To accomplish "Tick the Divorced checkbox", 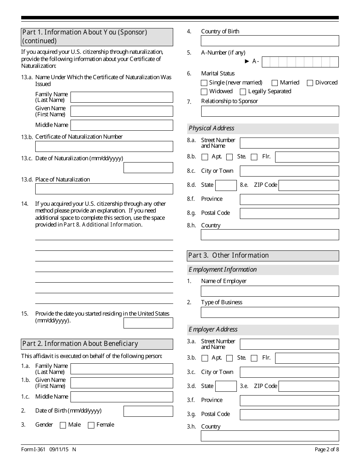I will pyautogui.click(x=310, y=83).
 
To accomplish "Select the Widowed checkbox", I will pyautogui.click(x=204, y=92).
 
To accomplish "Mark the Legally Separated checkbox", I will pyautogui.click(x=243, y=92).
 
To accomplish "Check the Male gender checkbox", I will pyautogui.click(x=63, y=425).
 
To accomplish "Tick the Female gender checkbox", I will pyautogui.click(x=91, y=425).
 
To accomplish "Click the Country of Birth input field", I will pyautogui.click(x=270, y=41).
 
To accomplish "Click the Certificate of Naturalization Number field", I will pyautogui.click(x=104, y=147).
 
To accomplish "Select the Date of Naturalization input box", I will pyautogui.click(x=148, y=168).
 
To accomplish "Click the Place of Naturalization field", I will pyautogui.click(x=104, y=189).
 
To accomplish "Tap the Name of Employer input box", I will pyautogui.click(x=270, y=291).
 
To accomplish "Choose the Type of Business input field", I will pyautogui.click(x=270, y=312).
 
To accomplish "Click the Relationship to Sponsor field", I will pyautogui.click(x=270, y=111).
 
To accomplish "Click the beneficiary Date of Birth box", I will pyautogui.click(x=148, y=411).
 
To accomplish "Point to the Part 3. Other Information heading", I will pyautogui.click(x=229, y=255).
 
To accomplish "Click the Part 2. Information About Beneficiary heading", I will pyautogui.click(x=80, y=344).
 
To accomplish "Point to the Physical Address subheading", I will pyautogui.click(x=212, y=128).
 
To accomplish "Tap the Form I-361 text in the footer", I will pyautogui.click(x=33, y=449).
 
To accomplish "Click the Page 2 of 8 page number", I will pyautogui.click(x=327, y=449).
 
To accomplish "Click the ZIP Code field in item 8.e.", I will pyautogui.click(x=308, y=185).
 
